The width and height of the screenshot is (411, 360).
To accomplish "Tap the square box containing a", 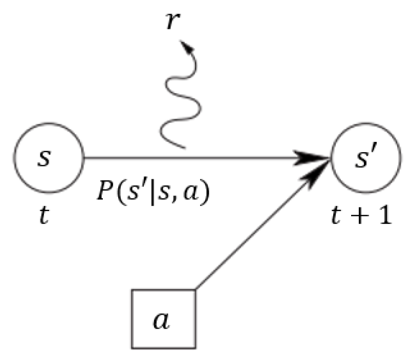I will tap(163, 321).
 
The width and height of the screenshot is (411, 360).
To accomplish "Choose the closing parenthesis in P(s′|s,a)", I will tap(206, 193).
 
